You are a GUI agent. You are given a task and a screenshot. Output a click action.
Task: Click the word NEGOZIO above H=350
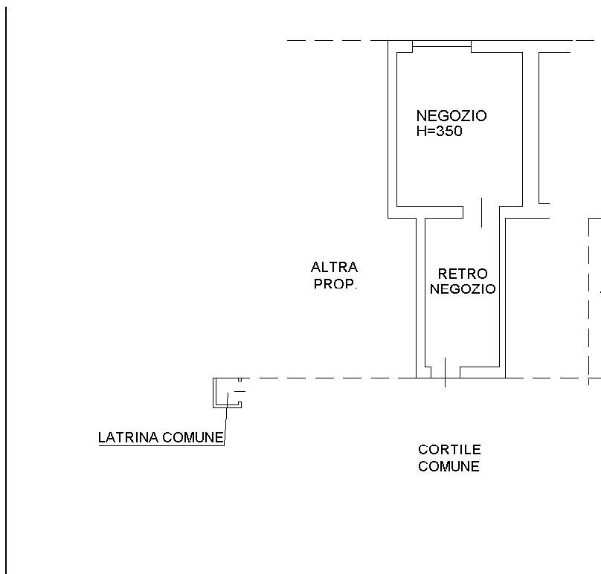point(451,116)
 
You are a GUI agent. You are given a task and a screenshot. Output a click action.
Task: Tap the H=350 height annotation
point(440,131)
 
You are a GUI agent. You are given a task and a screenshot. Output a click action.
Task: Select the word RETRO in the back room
point(463,274)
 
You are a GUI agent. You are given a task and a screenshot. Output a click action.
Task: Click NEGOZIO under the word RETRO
point(463,288)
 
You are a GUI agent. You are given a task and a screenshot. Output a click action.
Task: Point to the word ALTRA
point(334,267)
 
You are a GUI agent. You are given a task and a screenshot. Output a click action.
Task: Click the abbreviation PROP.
point(335,284)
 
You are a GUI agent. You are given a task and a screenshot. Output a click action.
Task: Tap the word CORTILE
point(449,450)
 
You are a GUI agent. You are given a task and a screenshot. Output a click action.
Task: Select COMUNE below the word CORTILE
point(449,466)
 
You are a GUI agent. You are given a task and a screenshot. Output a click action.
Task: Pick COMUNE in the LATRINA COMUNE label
point(193,437)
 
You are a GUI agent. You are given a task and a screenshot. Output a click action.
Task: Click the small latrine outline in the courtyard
point(213,393)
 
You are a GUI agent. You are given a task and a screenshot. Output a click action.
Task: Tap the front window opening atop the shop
point(442,43)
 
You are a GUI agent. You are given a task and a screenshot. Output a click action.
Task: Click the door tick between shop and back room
point(481,213)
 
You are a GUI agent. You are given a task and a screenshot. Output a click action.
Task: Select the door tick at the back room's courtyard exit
point(445,373)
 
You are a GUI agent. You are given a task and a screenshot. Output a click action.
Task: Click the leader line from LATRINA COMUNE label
point(226,419)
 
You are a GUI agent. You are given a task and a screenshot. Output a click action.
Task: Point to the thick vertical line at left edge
point(6,290)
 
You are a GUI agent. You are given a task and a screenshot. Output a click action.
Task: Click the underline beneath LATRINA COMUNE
point(161,445)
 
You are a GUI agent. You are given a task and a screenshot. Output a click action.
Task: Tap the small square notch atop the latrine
point(240,380)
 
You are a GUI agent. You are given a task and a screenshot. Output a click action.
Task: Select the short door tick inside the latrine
point(240,391)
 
